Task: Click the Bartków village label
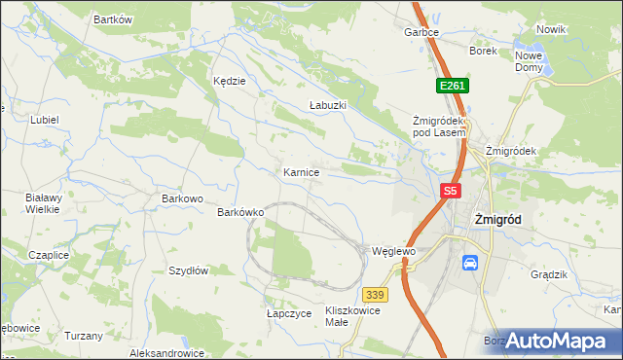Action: [112, 19]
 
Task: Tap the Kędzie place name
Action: [230, 82]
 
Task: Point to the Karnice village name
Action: [302, 171]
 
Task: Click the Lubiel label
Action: [45, 120]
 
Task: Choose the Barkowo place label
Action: [182, 198]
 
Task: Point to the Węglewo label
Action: [394, 251]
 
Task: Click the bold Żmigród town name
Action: [496, 220]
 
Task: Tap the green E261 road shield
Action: [453, 87]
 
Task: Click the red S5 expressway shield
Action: [449, 192]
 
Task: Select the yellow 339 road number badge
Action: [377, 294]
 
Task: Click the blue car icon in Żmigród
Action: [469, 263]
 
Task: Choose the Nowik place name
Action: [551, 29]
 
